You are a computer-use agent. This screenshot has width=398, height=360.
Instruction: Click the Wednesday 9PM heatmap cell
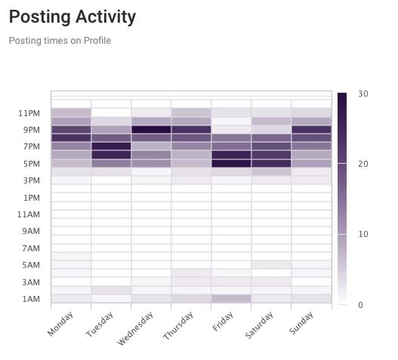151,130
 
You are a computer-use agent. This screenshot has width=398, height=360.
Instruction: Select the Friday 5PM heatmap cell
231,163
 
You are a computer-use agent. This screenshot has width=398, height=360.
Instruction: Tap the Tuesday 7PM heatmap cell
111,146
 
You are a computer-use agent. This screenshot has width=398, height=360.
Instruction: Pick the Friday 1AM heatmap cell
231,299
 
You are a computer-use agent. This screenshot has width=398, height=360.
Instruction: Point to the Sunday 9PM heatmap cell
311,130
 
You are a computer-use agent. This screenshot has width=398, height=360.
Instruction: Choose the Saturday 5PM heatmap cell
271,163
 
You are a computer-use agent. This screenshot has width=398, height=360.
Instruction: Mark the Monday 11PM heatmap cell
71,112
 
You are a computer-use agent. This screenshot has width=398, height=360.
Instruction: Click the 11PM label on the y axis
29,113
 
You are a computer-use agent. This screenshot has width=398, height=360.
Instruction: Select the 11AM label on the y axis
29,214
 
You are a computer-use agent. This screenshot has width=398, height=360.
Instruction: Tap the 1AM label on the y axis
31,299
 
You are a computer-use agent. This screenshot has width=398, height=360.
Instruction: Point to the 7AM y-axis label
31,248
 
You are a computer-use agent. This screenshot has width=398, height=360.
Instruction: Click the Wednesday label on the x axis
135,328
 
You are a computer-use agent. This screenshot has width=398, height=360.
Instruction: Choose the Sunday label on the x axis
301,323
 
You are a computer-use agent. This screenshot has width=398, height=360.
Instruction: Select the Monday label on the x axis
60,324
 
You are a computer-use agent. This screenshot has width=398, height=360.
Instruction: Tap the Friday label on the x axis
223,322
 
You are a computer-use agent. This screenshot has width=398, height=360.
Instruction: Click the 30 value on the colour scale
363,94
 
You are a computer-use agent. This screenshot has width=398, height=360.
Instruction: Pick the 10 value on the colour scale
363,234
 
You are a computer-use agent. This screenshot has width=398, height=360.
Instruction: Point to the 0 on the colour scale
360,305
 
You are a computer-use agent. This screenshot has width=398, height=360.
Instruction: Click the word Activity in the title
106,17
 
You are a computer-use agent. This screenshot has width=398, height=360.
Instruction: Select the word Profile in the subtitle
97,41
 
